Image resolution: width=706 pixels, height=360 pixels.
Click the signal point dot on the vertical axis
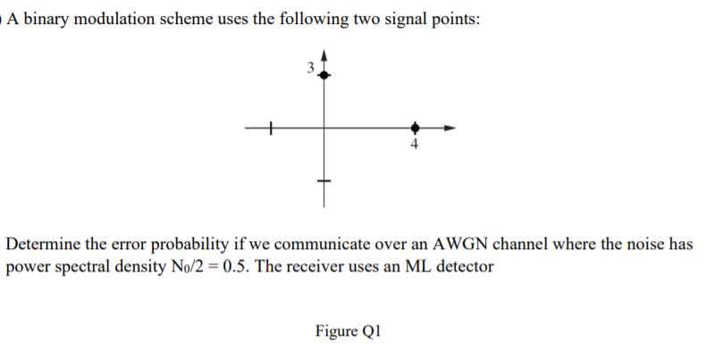coord(324,77)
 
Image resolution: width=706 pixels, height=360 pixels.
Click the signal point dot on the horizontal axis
coord(414,129)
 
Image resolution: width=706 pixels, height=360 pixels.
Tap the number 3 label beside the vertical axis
coord(309,68)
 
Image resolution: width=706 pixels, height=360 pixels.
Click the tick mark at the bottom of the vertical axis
coord(324,183)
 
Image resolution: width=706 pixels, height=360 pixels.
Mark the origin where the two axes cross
coord(324,129)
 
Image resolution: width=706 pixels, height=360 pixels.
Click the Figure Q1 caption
coord(349,331)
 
